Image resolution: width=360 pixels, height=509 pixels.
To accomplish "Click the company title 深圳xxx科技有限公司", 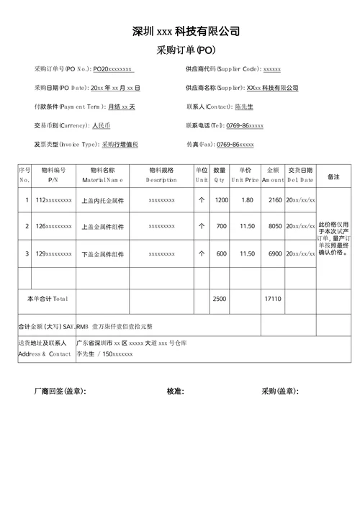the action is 186,31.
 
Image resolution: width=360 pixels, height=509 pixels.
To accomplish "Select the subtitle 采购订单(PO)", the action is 185,50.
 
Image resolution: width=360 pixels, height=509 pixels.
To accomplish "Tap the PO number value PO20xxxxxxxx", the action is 113,69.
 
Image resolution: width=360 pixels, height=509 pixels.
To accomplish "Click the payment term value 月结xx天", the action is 121,107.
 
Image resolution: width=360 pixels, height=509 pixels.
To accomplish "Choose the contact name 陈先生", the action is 244,107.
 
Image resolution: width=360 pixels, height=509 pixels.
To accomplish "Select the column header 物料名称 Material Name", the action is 102,175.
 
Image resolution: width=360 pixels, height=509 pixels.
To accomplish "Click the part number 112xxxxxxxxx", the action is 53,199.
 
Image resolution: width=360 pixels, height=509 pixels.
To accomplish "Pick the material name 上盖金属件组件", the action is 102,227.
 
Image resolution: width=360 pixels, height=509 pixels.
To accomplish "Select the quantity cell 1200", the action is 221,199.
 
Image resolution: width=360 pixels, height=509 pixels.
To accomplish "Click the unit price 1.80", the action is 247,199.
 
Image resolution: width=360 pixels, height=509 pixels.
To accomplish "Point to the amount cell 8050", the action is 275,226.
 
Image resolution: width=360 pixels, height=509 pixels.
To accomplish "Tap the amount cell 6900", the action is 275,253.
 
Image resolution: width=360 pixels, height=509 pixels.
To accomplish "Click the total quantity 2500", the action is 220,298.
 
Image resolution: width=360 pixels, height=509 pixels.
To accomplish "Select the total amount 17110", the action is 273,298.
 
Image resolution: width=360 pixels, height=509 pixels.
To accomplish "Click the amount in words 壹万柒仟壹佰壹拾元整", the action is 129,327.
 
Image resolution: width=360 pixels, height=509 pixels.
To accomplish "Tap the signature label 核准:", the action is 175,392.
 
